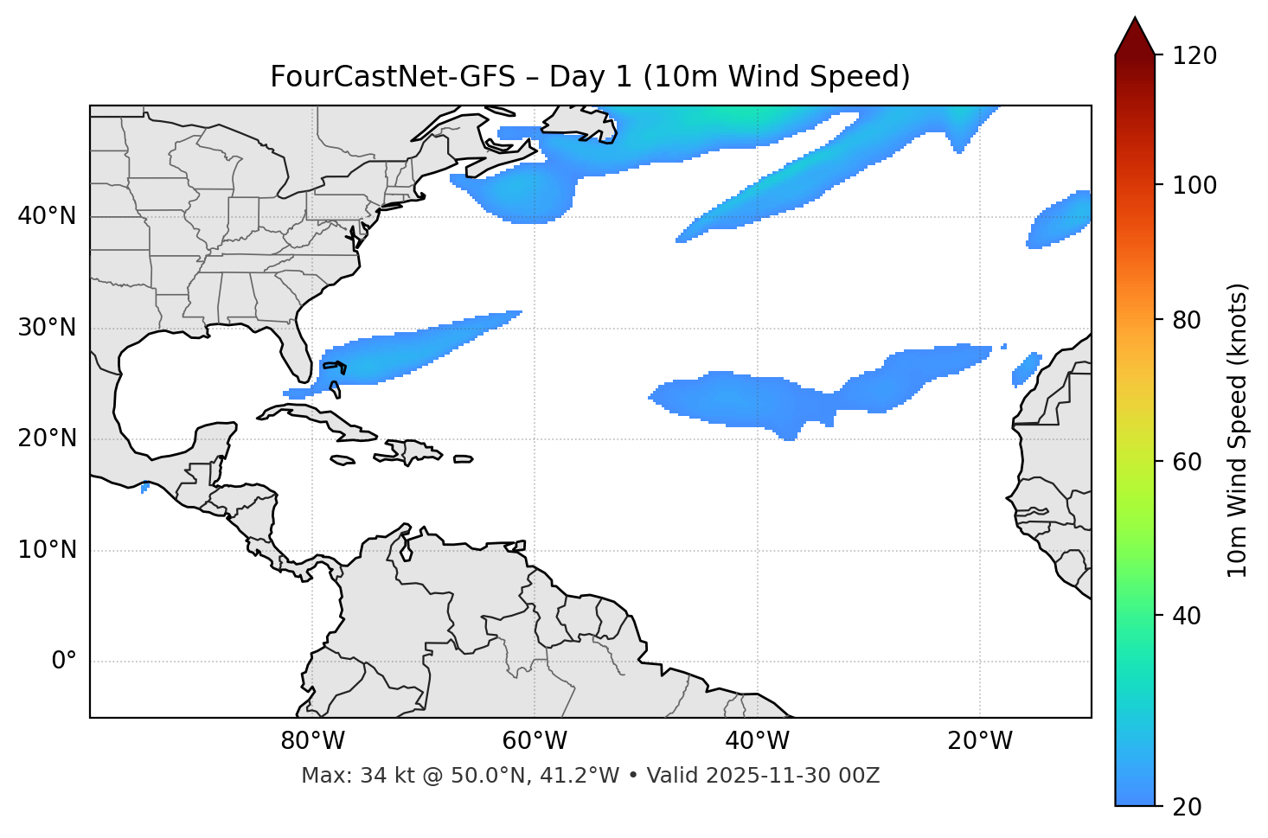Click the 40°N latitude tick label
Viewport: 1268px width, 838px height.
pyautogui.click(x=47, y=216)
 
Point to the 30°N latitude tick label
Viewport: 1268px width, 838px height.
pyautogui.click(x=47, y=328)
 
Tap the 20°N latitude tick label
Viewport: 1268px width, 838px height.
pyautogui.click(x=47, y=438)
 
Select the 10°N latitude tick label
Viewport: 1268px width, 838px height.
pyautogui.click(x=47, y=550)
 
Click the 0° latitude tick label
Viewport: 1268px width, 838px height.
pyautogui.click(x=64, y=662)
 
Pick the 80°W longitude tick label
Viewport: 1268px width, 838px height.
pyautogui.click(x=312, y=741)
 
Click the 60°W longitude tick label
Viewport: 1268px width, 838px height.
pyautogui.click(x=535, y=741)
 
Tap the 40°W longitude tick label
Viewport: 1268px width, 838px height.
pyautogui.click(x=757, y=741)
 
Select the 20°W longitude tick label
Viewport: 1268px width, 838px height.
pyautogui.click(x=979, y=741)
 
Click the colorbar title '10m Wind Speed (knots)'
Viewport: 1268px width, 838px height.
pyautogui.click(x=1238, y=430)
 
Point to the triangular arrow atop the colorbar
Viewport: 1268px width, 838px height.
pyautogui.click(x=1135, y=36)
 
